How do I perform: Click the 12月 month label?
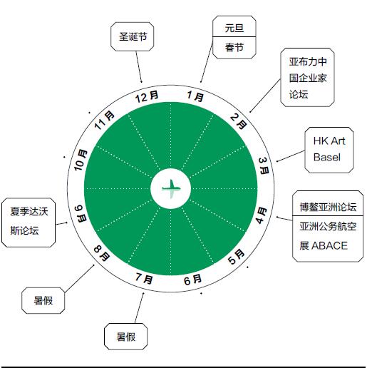point(147,96)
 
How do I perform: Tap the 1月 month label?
point(195,96)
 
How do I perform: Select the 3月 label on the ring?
point(264,166)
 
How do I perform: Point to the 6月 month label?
point(192,280)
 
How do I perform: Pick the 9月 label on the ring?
point(81,213)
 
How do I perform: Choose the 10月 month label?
point(81,160)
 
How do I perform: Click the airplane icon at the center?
point(171,189)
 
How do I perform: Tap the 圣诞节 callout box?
point(133,36)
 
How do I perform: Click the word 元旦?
point(234,28)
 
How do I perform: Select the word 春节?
point(234,47)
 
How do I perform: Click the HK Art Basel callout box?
point(329,150)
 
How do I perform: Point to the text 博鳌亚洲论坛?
point(328,207)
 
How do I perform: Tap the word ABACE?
point(329,245)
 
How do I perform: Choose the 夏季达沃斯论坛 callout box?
point(29,223)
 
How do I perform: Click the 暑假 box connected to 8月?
point(43,300)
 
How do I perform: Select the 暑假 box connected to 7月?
point(125,337)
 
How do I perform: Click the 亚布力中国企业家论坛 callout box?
point(307,77)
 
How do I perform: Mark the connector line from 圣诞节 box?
point(139,67)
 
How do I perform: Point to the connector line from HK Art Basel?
point(291,156)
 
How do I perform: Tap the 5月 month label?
point(237,257)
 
